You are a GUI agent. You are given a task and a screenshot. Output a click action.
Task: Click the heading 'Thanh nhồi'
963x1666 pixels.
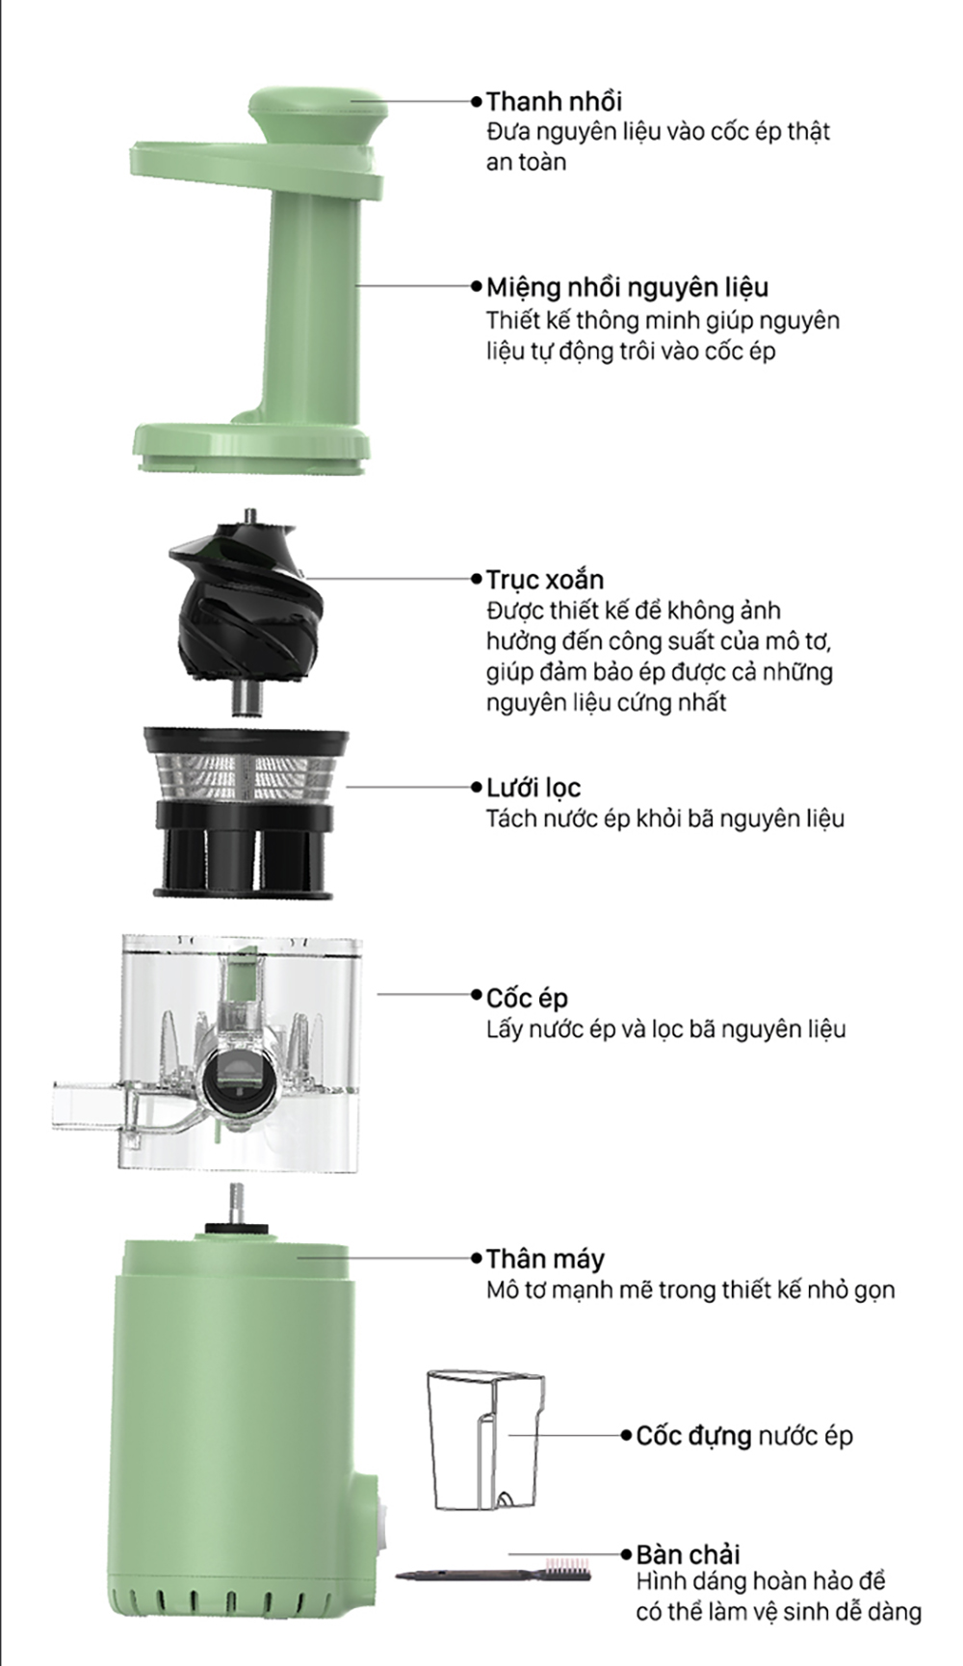pyautogui.click(x=554, y=101)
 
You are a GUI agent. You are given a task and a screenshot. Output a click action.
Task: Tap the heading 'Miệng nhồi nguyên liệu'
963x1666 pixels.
pyautogui.click(x=627, y=287)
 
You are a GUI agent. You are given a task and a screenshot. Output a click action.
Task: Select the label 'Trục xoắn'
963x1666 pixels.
pyautogui.click(x=545, y=580)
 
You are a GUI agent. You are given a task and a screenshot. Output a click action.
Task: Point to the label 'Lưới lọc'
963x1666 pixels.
pyautogui.click(x=534, y=788)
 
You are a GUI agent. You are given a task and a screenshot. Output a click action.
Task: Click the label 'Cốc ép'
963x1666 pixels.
pyautogui.click(x=527, y=998)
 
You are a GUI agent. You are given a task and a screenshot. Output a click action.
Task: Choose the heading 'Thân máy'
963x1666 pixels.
pyautogui.click(x=545, y=1259)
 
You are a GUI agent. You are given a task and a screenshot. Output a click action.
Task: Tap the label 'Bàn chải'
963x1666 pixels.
pyautogui.click(x=688, y=1554)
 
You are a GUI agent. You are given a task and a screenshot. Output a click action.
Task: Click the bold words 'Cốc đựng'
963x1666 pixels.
pyautogui.click(x=693, y=1436)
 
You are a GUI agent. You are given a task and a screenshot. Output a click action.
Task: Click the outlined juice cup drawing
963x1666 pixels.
pyautogui.click(x=485, y=1439)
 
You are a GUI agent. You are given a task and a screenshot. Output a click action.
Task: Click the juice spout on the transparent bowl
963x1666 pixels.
pyautogui.click(x=87, y=1105)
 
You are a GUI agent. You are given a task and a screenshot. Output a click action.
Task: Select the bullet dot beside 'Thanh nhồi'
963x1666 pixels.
pyautogui.click(x=476, y=101)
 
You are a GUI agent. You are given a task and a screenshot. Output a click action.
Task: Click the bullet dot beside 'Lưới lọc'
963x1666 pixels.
pyautogui.click(x=476, y=788)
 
